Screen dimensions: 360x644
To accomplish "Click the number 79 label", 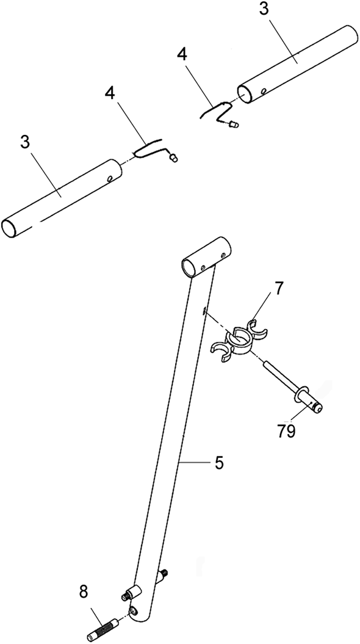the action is click(x=286, y=431).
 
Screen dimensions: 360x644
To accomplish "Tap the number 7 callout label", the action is click(x=279, y=289).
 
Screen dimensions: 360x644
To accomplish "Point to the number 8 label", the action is click(x=84, y=593).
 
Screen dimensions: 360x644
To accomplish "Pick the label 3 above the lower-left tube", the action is click(x=26, y=142).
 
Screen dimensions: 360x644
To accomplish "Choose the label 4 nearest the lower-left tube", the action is click(x=110, y=93).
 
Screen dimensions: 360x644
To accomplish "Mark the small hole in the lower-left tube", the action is click(x=110, y=179).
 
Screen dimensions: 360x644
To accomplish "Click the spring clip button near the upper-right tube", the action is click(x=234, y=123).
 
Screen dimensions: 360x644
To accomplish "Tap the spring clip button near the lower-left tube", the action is click(x=174, y=157).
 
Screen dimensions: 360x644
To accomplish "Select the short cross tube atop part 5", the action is click(x=206, y=258).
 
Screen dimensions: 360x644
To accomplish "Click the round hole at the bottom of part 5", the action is click(x=134, y=611).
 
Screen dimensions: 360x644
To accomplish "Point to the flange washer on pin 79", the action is click(x=300, y=393).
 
